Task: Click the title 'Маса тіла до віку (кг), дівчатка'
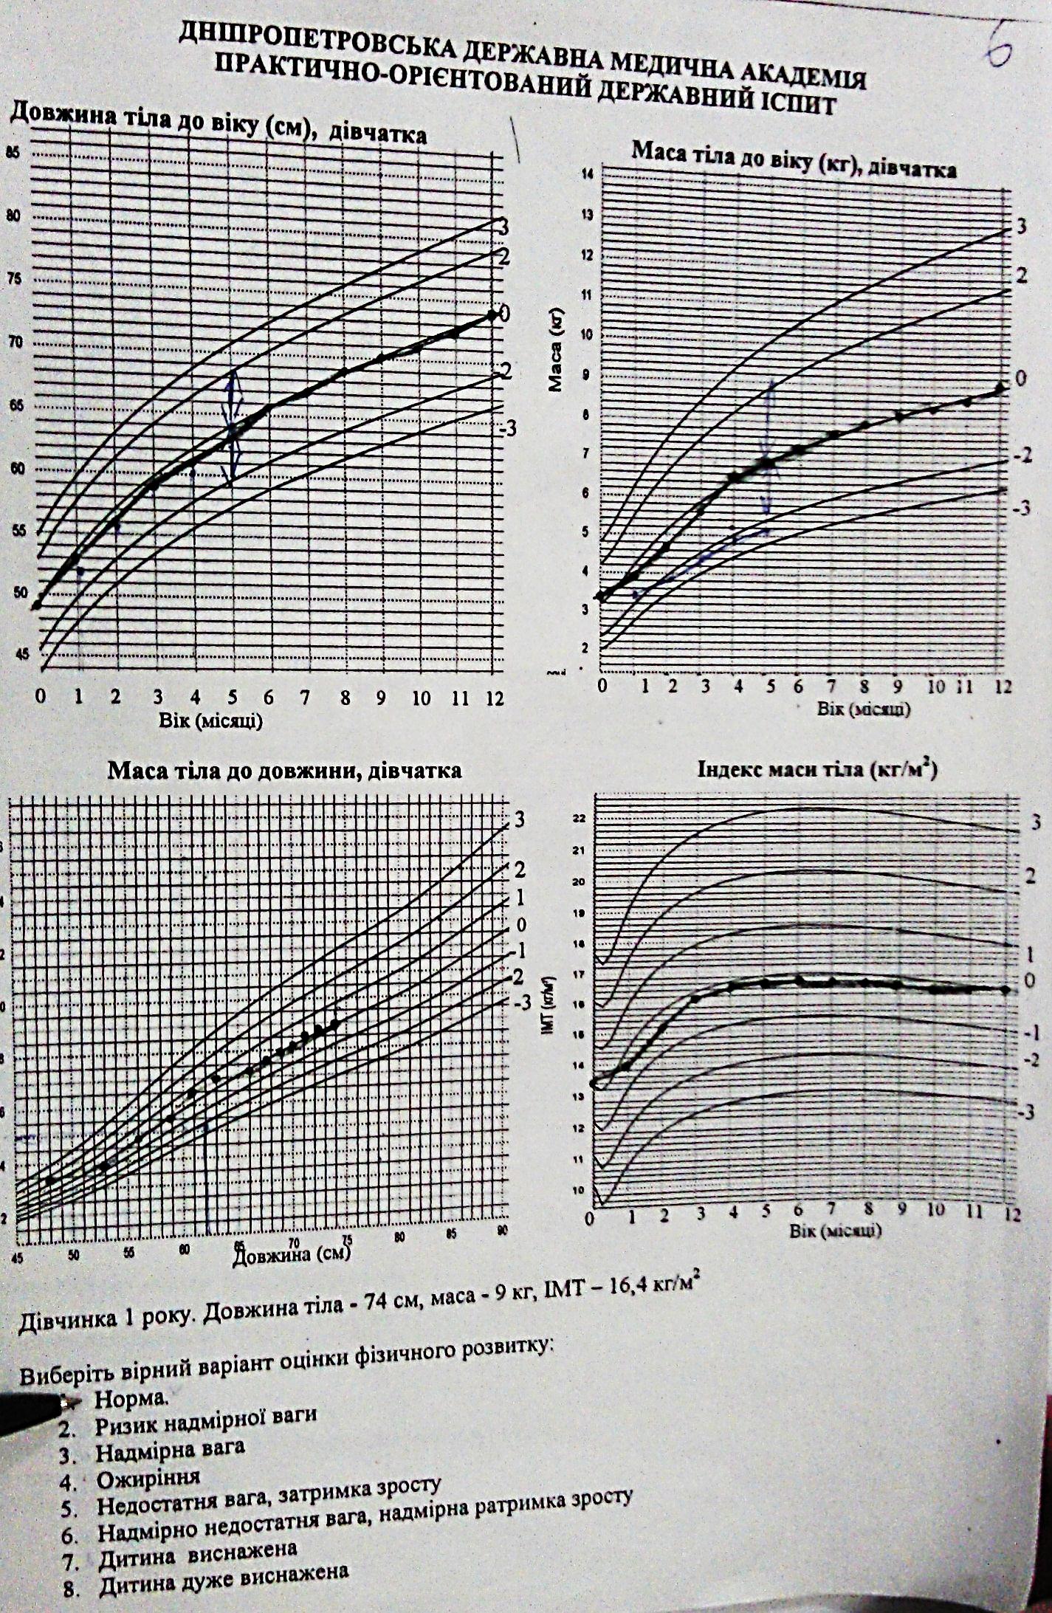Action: pyautogui.click(x=794, y=161)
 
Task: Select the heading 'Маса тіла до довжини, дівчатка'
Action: pyautogui.click(x=285, y=771)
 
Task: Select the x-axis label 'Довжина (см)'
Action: pyautogui.click(x=291, y=1253)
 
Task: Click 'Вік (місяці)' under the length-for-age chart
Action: pyautogui.click(x=210, y=720)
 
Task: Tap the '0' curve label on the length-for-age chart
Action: pyautogui.click(x=505, y=314)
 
